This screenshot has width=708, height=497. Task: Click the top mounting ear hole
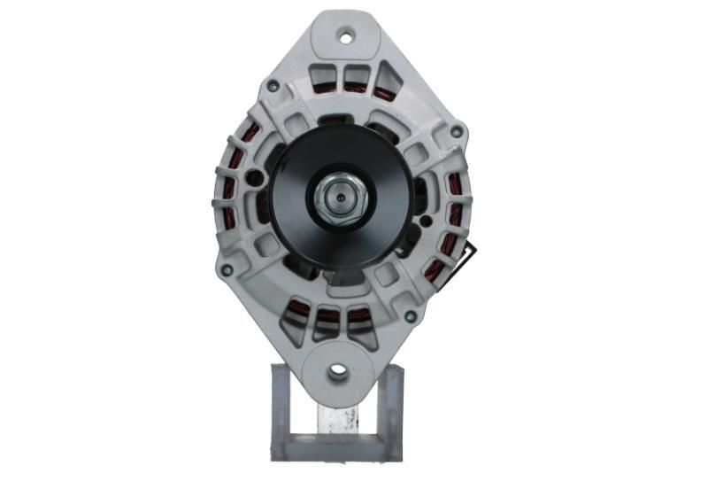pyautogui.click(x=346, y=36)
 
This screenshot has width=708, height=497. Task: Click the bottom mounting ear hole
pyautogui.click(x=337, y=373)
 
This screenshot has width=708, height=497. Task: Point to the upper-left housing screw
pyautogui.click(x=273, y=87)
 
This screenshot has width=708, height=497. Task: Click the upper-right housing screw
pyautogui.click(x=456, y=132)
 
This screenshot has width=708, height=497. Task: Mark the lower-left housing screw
pyautogui.click(x=227, y=269)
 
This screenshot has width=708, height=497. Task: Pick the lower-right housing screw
pyautogui.click(x=410, y=315)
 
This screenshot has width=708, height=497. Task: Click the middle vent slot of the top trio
pyautogui.click(x=356, y=79)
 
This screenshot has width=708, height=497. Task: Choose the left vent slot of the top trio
pyautogui.click(x=325, y=78)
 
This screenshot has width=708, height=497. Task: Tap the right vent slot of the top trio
pyautogui.click(x=386, y=85)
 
